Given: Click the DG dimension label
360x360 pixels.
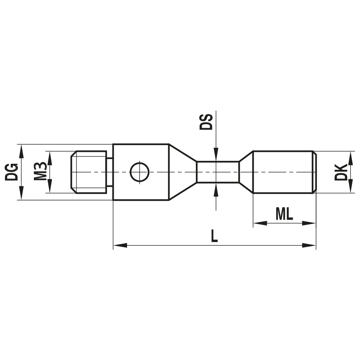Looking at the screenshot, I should tap(12, 172).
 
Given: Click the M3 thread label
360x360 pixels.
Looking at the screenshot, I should tap(40, 172).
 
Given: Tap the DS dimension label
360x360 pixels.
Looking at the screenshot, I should tap(206, 121).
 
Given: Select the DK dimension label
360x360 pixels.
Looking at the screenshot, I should tap(341, 172).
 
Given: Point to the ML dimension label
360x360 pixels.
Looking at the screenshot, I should tap(284, 214).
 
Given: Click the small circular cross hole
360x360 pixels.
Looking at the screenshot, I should tap(140, 172).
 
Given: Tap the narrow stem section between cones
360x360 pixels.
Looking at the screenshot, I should tap(217, 172).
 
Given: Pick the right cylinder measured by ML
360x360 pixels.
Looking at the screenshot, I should tap(283, 172).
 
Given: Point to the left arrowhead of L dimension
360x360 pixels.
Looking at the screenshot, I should tap(119, 246).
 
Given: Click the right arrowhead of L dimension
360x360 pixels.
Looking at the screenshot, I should tap(310, 246).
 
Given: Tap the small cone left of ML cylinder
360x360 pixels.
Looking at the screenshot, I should tap(247, 172).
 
